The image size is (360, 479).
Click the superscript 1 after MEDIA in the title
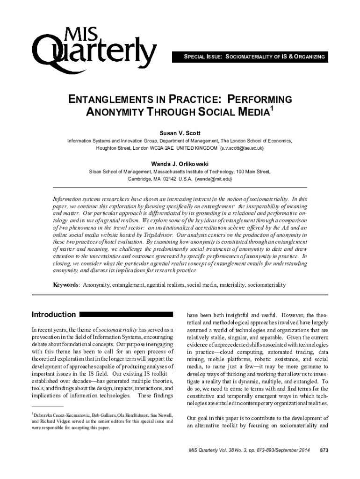271,109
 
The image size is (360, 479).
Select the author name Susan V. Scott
180,133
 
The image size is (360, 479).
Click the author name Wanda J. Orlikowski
180,164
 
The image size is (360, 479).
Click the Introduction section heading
53,314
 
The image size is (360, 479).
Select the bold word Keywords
65,284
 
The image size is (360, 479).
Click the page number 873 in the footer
324,450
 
